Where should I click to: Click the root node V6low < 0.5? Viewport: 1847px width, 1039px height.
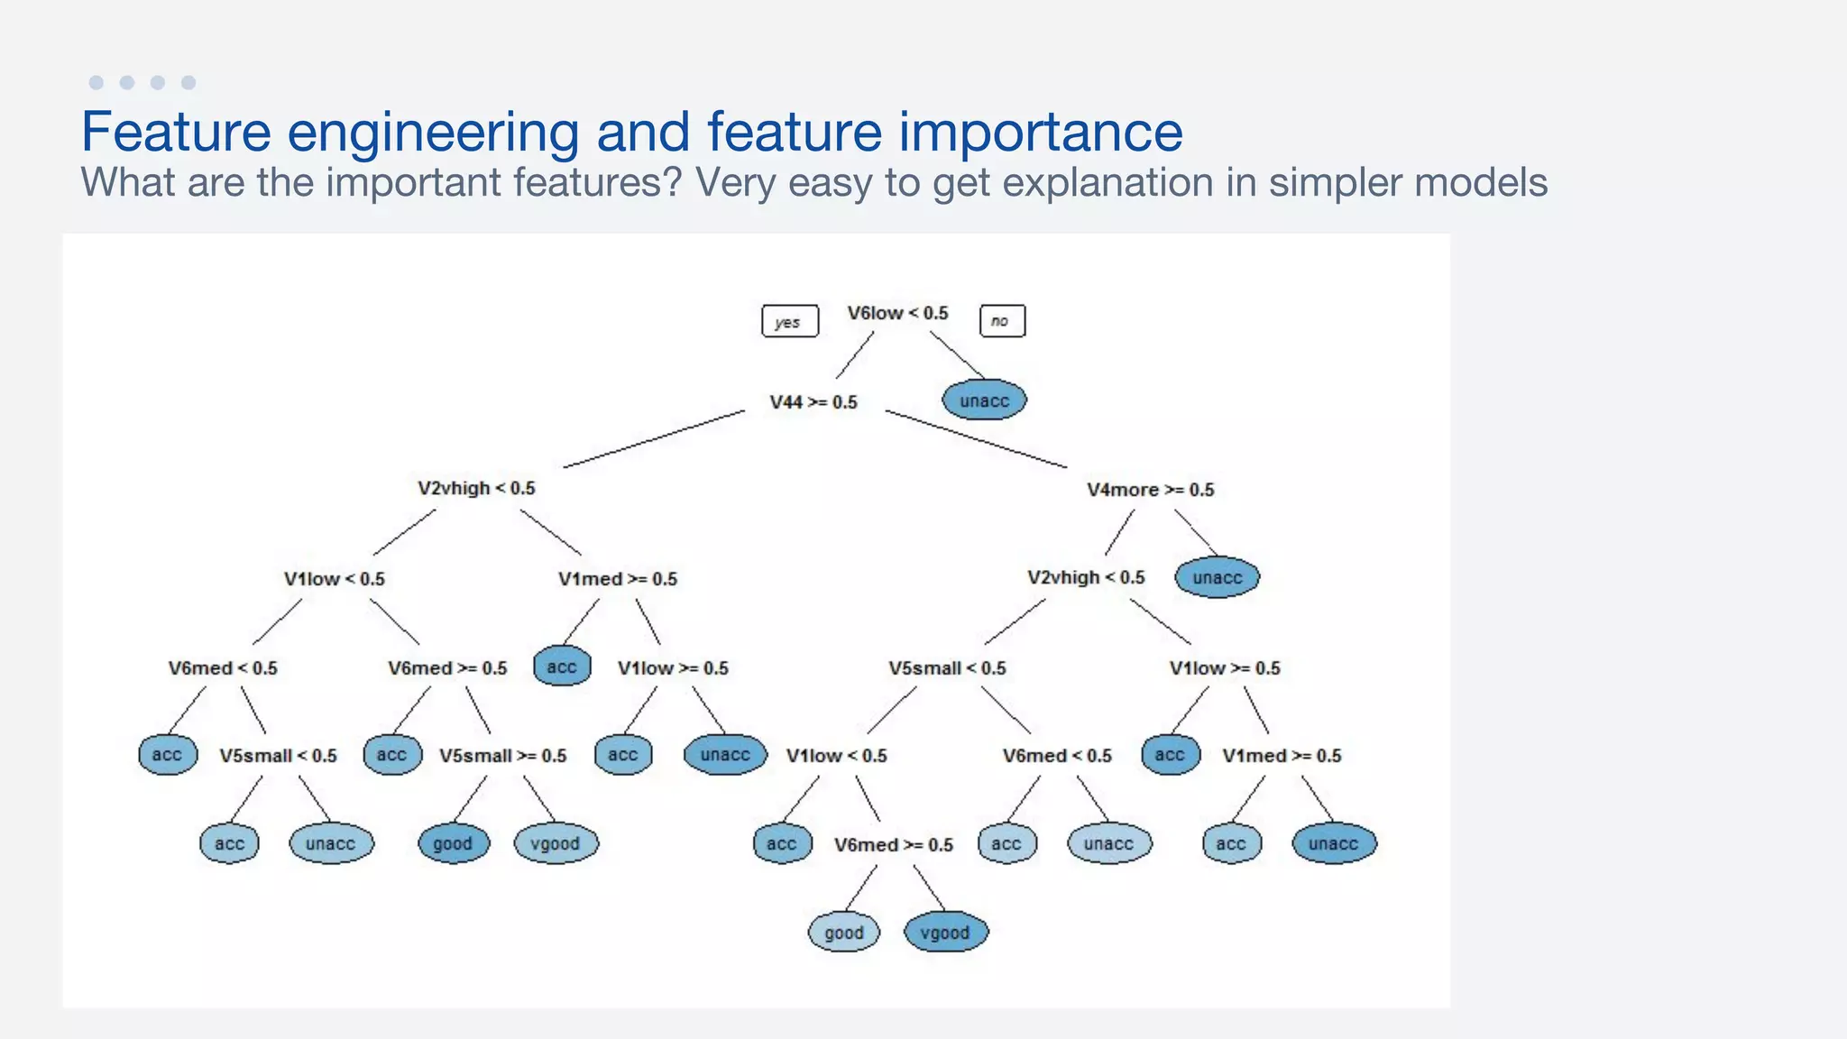[x=897, y=313]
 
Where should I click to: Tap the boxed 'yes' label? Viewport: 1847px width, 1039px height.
[x=790, y=321]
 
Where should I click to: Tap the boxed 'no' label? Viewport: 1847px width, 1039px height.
[x=1001, y=320]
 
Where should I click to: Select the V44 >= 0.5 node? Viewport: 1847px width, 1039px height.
[x=813, y=402]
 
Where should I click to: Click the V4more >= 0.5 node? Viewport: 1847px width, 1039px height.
[x=1150, y=490]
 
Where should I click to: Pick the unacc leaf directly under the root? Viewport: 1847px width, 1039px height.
[x=984, y=400]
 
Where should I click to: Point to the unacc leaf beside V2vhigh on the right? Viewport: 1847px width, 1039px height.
[x=1217, y=577]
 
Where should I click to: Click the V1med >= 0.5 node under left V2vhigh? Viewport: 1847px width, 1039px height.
[x=618, y=579]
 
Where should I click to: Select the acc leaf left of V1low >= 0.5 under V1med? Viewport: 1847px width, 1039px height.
[x=562, y=667]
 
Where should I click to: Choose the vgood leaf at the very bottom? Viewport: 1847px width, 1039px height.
[x=945, y=933]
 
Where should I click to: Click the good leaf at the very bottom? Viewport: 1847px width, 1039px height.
[x=843, y=933]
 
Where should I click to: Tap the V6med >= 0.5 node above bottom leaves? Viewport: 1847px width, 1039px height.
[x=893, y=845]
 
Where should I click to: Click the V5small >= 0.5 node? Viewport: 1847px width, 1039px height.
[x=502, y=756]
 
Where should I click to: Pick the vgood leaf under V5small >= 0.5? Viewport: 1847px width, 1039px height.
[x=555, y=844]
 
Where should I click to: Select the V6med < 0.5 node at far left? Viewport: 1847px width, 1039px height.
[x=223, y=668]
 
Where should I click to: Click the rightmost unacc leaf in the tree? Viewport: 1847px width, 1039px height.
[x=1333, y=844]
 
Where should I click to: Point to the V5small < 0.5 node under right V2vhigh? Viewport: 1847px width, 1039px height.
[x=947, y=668]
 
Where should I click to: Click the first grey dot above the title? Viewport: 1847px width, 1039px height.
[x=96, y=82]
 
